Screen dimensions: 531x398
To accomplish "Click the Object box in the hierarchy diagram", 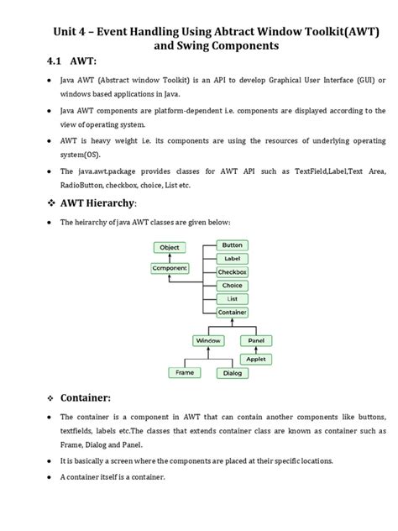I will (x=169, y=248).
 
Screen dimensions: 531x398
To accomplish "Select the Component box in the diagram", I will (x=170, y=268).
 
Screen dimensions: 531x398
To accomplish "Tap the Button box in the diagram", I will (x=232, y=245).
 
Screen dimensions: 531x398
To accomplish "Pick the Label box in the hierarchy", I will (x=232, y=259).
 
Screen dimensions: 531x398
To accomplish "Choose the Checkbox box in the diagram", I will (x=232, y=272).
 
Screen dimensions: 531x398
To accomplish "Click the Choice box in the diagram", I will (x=232, y=286).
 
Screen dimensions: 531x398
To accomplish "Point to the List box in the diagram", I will (x=232, y=298).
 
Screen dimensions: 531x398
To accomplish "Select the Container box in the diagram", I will (x=232, y=312).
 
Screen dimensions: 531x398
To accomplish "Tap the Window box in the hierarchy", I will (x=207, y=340).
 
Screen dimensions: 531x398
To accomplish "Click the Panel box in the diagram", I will (x=256, y=340).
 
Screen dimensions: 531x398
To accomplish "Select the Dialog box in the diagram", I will (x=233, y=372).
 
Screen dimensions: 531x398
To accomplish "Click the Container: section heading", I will (x=92, y=397).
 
